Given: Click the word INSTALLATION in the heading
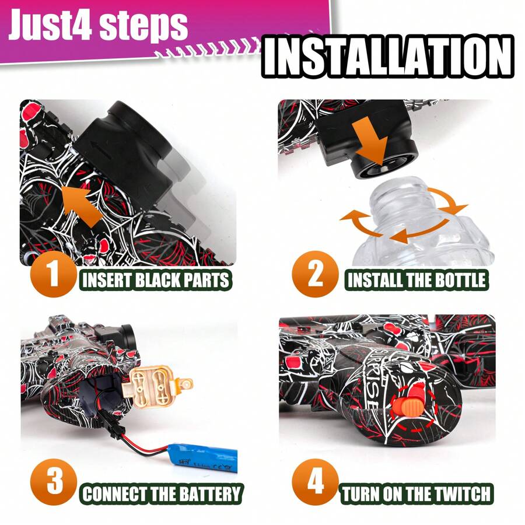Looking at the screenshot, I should coord(388,57).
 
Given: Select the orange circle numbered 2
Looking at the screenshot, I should coord(315,274).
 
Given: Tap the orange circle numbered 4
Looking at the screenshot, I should coord(315,483).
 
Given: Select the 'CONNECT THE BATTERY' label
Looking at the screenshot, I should coord(162,494).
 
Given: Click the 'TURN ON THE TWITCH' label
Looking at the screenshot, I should coord(416,494).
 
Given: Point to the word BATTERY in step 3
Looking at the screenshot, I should coord(208,494).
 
